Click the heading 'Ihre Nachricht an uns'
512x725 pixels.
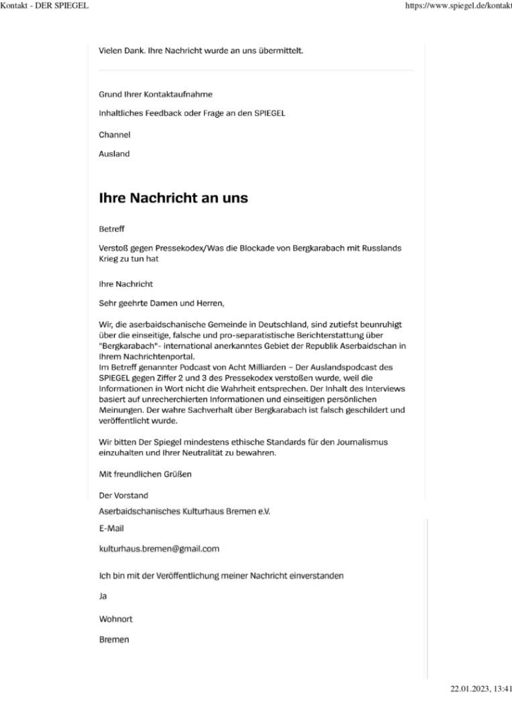click(x=173, y=198)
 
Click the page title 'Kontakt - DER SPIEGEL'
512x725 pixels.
click(x=46, y=6)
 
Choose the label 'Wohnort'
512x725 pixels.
click(x=115, y=619)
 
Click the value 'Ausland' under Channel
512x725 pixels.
click(x=114, y=154)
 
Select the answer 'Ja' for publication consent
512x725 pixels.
click(x=103, y=597)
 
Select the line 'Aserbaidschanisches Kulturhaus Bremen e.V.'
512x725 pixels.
click(x=185, y=510)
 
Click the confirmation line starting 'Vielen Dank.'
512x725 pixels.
click(x=201, y=51)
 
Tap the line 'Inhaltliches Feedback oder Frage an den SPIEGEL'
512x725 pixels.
click(x=191, y=113)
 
